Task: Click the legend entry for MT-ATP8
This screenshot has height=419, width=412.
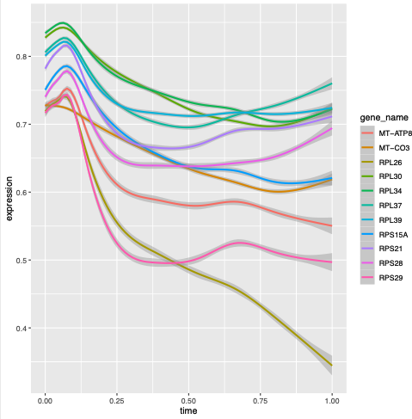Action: [x=387, y=132]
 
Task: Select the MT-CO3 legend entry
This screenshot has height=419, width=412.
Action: [x=387, y=147]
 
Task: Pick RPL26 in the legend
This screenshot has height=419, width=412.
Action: [x=385, y=162]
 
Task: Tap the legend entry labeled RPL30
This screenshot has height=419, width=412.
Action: [x=385, y=177]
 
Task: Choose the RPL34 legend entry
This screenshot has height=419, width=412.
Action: [x=385, y=192]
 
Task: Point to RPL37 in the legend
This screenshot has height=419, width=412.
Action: [x=385, y=206]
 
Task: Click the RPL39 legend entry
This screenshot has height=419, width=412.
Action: [x=385, y=221]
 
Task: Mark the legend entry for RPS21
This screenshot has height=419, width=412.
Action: [x=385, y=251]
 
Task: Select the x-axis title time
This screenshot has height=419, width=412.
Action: [x=188, y=411]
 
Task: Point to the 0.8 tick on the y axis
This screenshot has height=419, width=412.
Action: [x=19, y=57]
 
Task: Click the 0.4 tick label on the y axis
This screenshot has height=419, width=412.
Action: [x=19, y=329]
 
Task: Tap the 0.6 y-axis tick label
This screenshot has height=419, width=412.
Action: [x=19, y=193]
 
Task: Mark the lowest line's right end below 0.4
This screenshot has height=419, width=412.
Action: [x=332, y=365]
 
